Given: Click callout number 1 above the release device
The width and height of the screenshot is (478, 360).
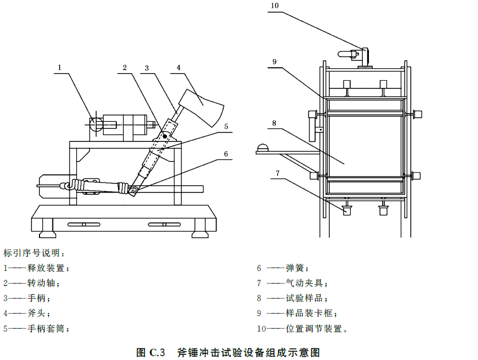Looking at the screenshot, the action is pyautogui.click(x=60, y=67).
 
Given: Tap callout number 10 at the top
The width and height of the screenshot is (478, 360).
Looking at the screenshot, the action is pyautogui.click(x=274, y=6).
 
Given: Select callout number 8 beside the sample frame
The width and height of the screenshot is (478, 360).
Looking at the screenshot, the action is pyautogui.click(x=274, y=123).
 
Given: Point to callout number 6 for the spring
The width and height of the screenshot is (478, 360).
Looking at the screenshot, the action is pyautogui.click(x=226, y=154).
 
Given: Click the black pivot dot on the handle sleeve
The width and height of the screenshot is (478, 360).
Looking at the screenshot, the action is pyautogui.click(x=165, y=136).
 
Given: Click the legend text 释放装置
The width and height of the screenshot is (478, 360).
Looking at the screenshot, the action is pyautogui.click(x=46, y=268).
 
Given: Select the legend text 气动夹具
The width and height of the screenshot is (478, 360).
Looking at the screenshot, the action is pyautogui.click(x=304, y=283).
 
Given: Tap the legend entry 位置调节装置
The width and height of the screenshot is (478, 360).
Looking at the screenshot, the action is pyautogui.click(x=314, y=329).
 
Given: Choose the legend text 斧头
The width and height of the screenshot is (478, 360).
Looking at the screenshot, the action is pyautogui.click(x=37, y=313).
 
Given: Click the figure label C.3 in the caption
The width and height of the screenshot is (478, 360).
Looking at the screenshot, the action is pyautogui.click(x=157, y=352).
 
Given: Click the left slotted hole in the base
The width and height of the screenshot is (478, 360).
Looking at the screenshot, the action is pyautogui.click(x=84, y=225).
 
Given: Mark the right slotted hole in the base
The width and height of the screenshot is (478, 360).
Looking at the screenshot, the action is pyautogui.click(x=164, y=225).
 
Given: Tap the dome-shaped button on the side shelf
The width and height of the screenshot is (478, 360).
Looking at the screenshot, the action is pyautogui.click(x=263, y=148).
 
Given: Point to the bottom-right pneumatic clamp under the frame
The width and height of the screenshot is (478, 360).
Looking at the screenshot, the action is pyautogui.click(x=383, y=210).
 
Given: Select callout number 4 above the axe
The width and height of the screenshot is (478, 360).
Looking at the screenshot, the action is pyautogui.click(x=179, y=68).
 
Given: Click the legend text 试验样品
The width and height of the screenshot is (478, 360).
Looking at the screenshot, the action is pyautogui.click(x=304, y=298).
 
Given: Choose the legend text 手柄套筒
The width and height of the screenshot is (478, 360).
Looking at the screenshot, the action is pyautogui.click(x=46, y=329).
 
